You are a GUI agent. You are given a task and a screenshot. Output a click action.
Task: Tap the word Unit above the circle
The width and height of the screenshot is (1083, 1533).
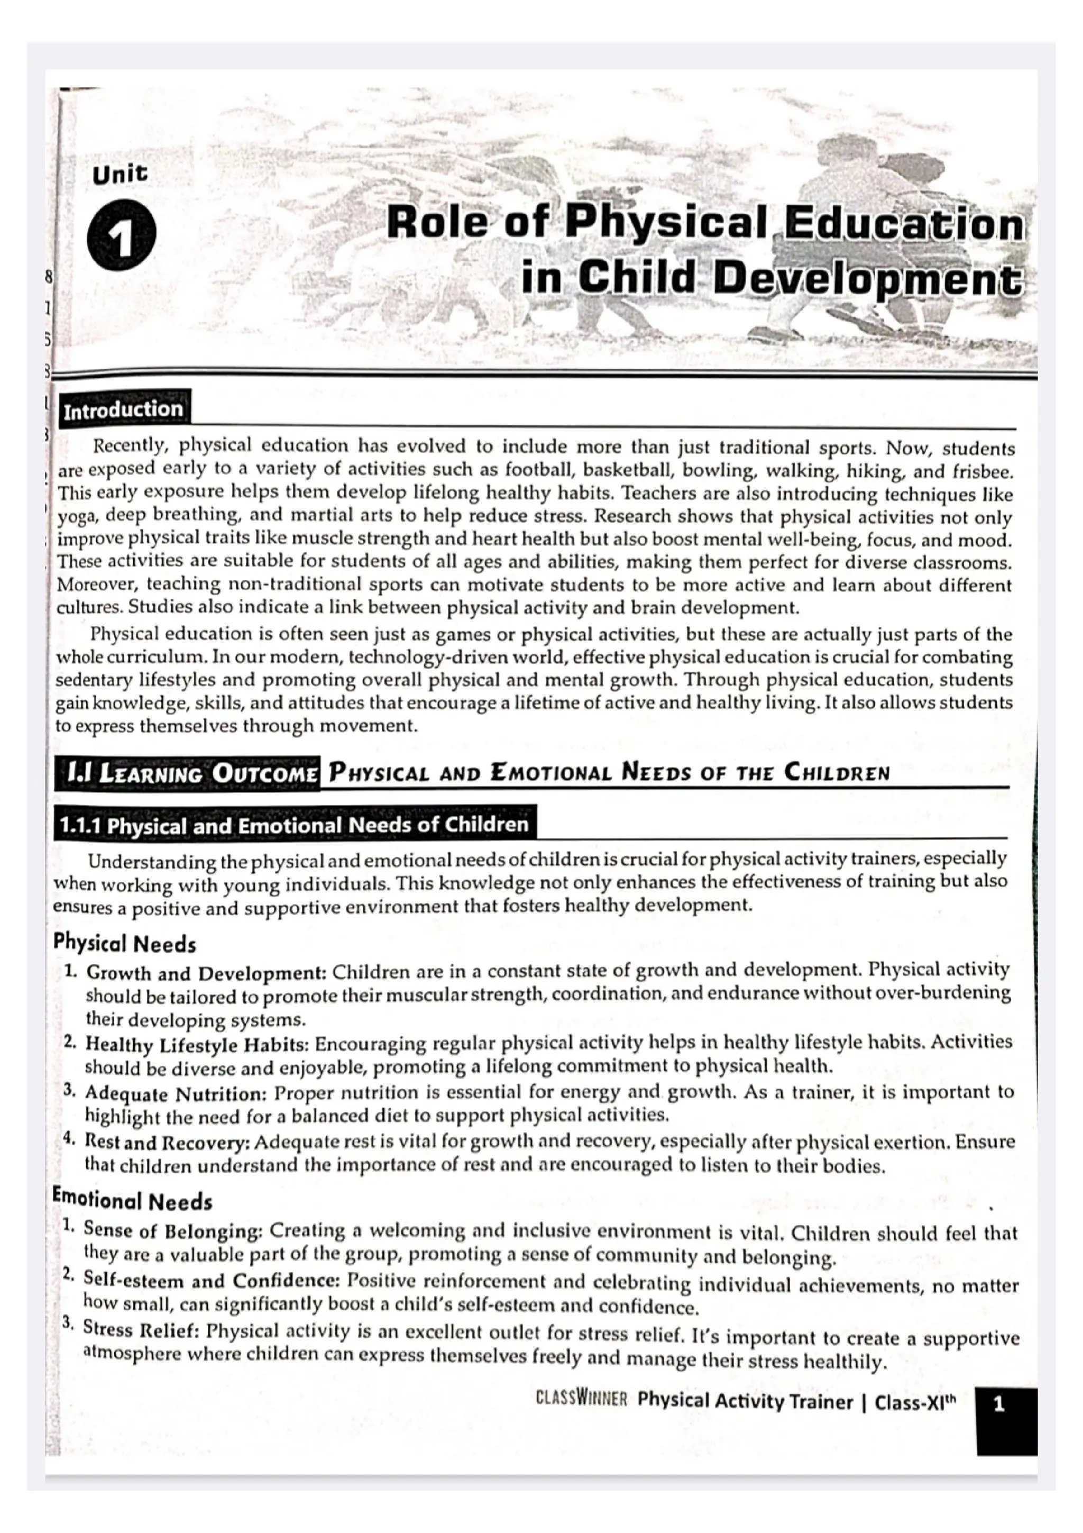click(120, 175)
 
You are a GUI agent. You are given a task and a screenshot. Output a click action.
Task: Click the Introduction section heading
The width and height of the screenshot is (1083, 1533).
click(123, 409)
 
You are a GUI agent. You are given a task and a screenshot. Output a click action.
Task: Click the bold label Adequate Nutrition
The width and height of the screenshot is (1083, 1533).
click(176, 1093)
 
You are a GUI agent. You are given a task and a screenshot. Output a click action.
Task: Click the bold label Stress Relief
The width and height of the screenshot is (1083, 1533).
click(142, 1329)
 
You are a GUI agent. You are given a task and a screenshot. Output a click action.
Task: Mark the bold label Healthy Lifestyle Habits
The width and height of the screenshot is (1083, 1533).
click(198, 1044)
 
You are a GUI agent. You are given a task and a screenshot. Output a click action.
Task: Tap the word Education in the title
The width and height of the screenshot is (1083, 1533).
click(903, 224)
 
